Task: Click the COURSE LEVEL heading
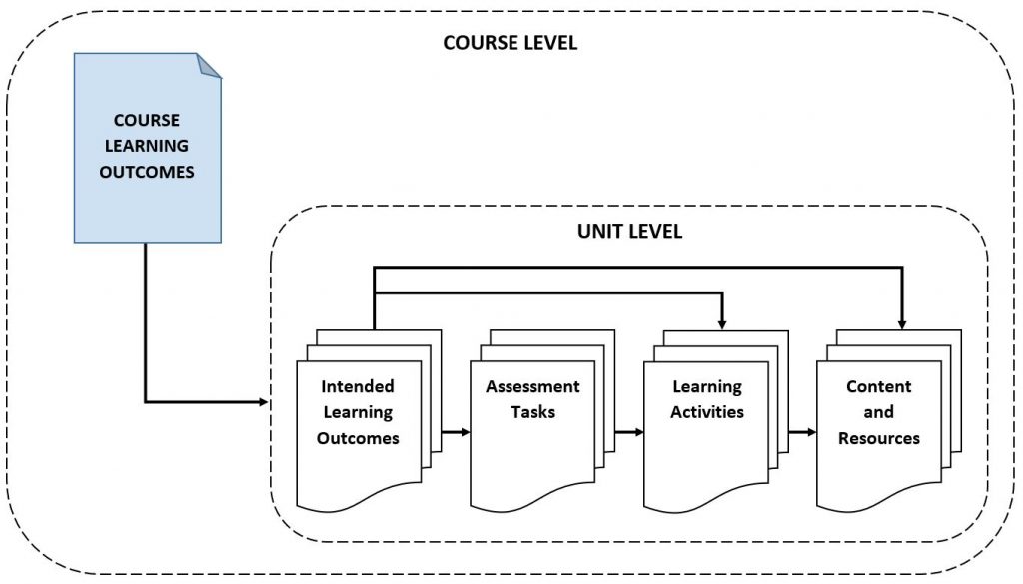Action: click(510, 44)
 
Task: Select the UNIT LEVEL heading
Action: click(629, 231)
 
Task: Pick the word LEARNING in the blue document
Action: click(147, 146)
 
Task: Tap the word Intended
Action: click(358, 386)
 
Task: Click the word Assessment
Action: click(532, 386)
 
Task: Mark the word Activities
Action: click(707, 411)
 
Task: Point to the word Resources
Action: click(879, 437)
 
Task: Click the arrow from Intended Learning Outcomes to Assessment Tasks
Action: click(452, 433)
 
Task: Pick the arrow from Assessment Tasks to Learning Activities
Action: click(626, 433)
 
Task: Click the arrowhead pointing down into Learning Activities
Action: click(721, 322)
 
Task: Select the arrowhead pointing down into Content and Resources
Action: click(901, 322)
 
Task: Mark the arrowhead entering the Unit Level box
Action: click(263, 402)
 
